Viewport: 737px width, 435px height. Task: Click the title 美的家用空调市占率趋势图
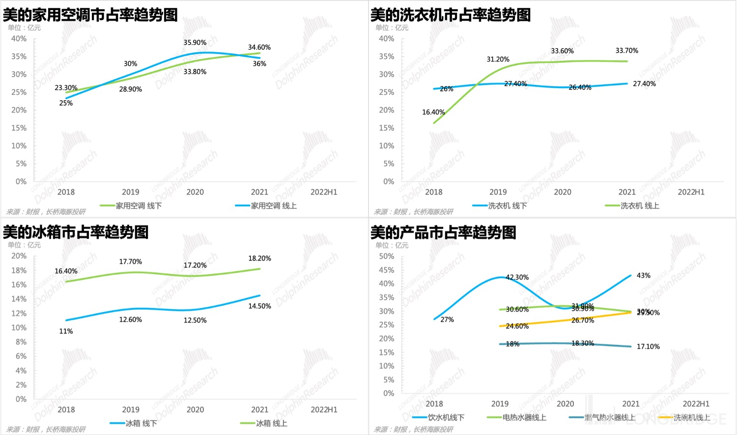[x=90, y=15]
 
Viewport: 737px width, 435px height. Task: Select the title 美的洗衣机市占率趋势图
[x=450, y=15]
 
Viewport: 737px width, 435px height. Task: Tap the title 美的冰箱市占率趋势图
[x=76, y=232]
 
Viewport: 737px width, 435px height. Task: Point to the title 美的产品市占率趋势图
[x=443, y=232]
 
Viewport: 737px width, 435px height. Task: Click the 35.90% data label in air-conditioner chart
[x=195, y=43]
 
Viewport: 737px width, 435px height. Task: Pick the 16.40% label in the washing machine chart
[x=433, y=112]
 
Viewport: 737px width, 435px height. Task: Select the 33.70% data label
[x=626, y=51]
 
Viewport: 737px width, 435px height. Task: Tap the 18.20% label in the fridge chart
[x=259, y=258]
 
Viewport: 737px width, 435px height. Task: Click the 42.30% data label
[x=517, y=277]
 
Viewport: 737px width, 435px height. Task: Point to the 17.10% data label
[x=648, y=347]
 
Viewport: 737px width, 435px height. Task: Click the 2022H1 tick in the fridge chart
[x=324, y=409]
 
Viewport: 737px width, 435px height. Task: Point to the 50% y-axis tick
[x=387, y=256]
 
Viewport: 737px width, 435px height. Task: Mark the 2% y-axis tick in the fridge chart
[x=21, y=385]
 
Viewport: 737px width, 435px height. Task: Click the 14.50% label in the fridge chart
[x=259, y=306]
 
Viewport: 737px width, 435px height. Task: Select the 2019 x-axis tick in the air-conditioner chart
[x=130, y=192]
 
